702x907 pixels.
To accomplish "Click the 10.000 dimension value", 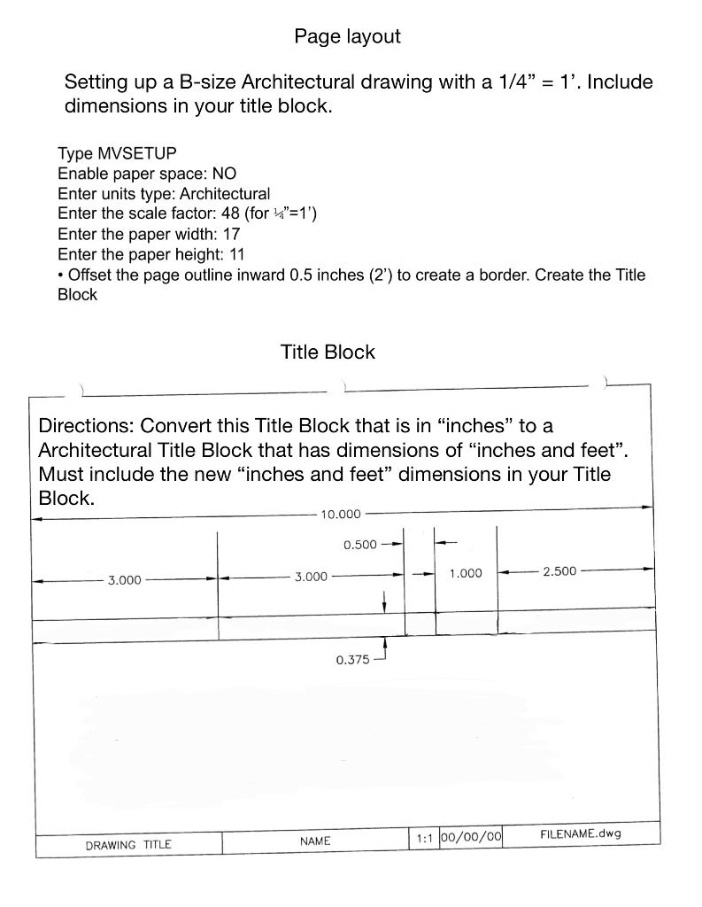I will (x=341, y=514).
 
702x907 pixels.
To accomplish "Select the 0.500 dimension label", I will (x=360, y=545).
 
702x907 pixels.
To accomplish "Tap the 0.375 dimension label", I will (x=353, y=660).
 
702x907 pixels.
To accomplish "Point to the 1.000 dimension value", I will (x=466, y=573).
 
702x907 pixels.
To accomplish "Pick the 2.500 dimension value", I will (x=559, y=571).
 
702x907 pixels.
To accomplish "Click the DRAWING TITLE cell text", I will (x=128, y=845).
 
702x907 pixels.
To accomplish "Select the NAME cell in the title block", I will (x=315, y=841).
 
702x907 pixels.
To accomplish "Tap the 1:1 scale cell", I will (x=423, y=838).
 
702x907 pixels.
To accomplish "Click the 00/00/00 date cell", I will (x=471, y=837).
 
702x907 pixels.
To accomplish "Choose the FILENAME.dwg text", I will (x=581, y=833).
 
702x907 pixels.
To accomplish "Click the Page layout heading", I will (x=347, y=36).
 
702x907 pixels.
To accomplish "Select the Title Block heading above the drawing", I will (x=328, y=352).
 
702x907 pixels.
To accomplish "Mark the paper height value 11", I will (x=236, y=254).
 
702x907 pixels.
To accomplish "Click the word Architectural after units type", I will (x=225, y=193).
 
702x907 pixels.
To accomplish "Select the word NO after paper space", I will (x=224, y=174).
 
